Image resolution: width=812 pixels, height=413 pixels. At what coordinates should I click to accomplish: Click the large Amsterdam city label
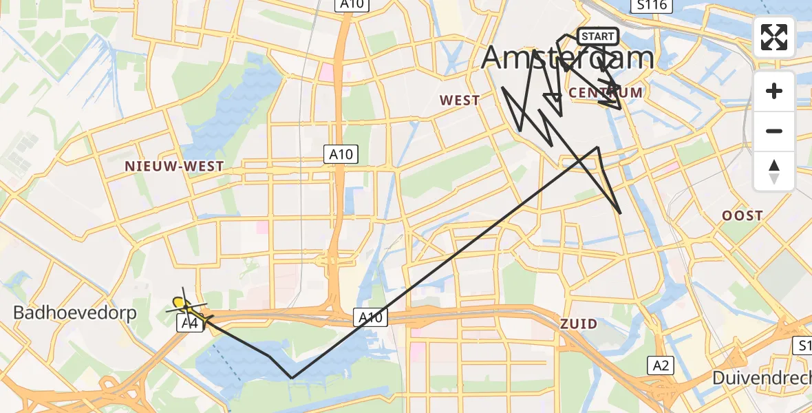567,58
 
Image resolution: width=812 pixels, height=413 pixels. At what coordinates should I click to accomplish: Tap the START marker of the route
597,36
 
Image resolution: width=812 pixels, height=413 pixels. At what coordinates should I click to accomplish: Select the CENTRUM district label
606,92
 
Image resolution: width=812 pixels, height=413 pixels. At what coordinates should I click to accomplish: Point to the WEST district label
460,100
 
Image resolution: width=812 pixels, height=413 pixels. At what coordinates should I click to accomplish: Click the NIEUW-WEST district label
174,166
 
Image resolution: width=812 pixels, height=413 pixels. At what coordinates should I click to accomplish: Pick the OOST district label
742,215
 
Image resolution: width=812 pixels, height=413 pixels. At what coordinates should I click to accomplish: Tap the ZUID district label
578,324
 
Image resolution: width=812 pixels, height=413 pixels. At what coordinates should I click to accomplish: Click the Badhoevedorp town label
75,313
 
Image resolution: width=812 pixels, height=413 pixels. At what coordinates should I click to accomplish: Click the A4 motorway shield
191,323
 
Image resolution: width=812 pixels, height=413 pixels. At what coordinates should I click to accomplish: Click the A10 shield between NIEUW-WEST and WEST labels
341,155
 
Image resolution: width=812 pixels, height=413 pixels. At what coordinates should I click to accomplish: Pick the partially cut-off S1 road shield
804,344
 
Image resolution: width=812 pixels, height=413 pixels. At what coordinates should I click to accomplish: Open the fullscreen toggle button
774,37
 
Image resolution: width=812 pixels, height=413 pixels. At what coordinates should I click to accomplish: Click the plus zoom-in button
774,91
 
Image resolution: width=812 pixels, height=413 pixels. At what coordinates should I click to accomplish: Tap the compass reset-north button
774,171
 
